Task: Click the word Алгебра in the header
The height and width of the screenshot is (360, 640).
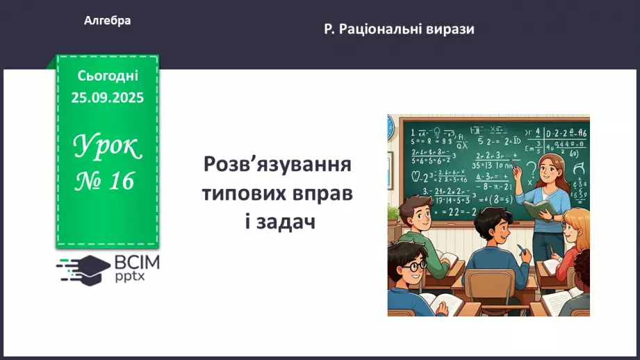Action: coord(108,21)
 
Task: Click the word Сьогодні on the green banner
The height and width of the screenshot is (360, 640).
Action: coord(108,75)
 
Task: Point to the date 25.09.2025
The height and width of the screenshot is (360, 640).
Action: coord(108,97)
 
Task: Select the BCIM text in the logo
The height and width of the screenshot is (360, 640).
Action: coord(138,263)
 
